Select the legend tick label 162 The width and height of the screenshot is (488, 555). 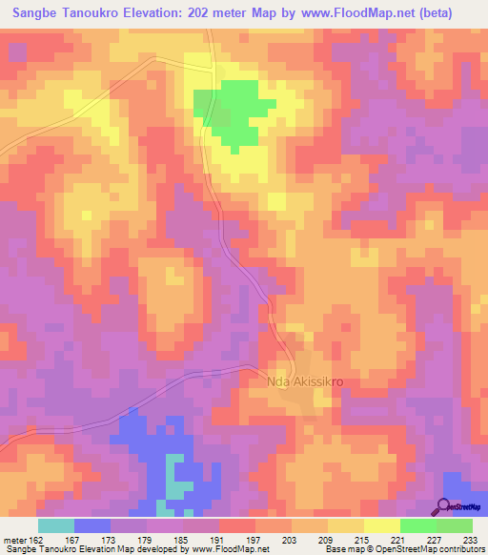point(34,541)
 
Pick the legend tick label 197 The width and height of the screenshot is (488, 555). point(253,541)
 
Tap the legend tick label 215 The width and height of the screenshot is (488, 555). point(362,541)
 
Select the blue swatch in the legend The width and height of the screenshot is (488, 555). point(92,525)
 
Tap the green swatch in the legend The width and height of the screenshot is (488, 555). point(417,525)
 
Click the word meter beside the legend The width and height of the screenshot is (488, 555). point(14,541)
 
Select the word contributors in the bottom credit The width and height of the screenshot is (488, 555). point(460,549)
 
